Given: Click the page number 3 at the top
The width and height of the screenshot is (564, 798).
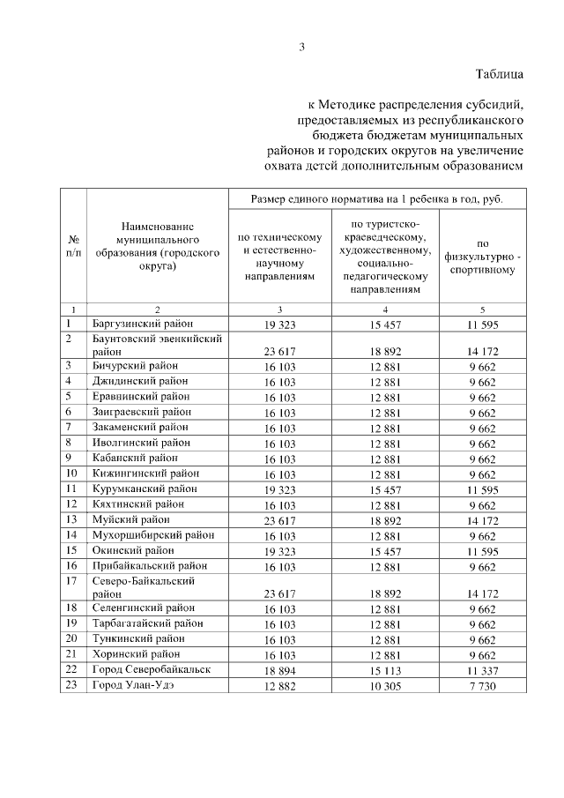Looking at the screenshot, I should click(x=301, y=48).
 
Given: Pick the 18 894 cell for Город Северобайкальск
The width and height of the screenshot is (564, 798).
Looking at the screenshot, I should click(x=278, y=670).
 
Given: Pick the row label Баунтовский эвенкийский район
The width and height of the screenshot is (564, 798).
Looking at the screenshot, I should click(x=156, y=344).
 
